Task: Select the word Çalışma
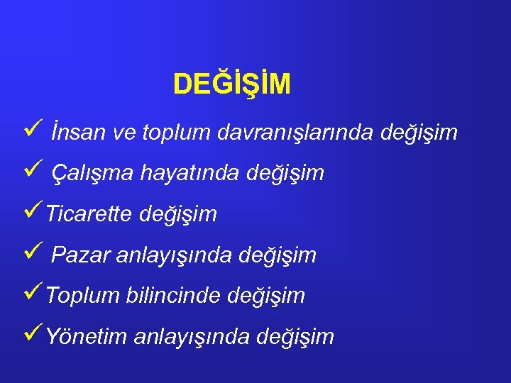tap(92, 173)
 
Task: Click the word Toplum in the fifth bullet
tap(83, 295)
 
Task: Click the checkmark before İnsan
tap(29, 131)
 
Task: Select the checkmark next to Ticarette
tap(29, 211)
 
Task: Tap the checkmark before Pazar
tap(29, 252)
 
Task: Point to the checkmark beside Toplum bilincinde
tap(29, 293)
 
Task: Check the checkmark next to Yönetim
tap(29, 334)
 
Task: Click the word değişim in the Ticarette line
tap(178, 214)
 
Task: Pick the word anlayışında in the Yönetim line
tap(191, 337)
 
